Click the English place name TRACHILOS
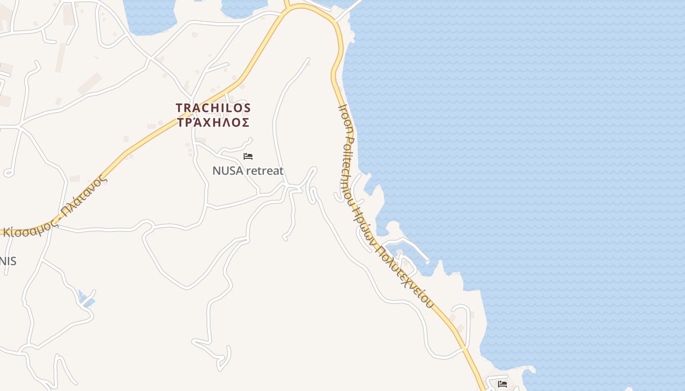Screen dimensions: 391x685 click(213, 108)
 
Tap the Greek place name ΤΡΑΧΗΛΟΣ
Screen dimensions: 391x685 click(213, 122)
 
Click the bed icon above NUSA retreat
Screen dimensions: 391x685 click(248, 156)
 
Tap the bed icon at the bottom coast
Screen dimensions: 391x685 click(502, 384)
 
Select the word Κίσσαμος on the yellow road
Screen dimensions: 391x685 click(29, 228)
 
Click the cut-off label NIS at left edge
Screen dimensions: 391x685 click(7, 261)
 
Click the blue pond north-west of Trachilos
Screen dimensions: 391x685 click(150, 15)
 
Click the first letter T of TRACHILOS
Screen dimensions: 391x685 click(179, 108)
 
